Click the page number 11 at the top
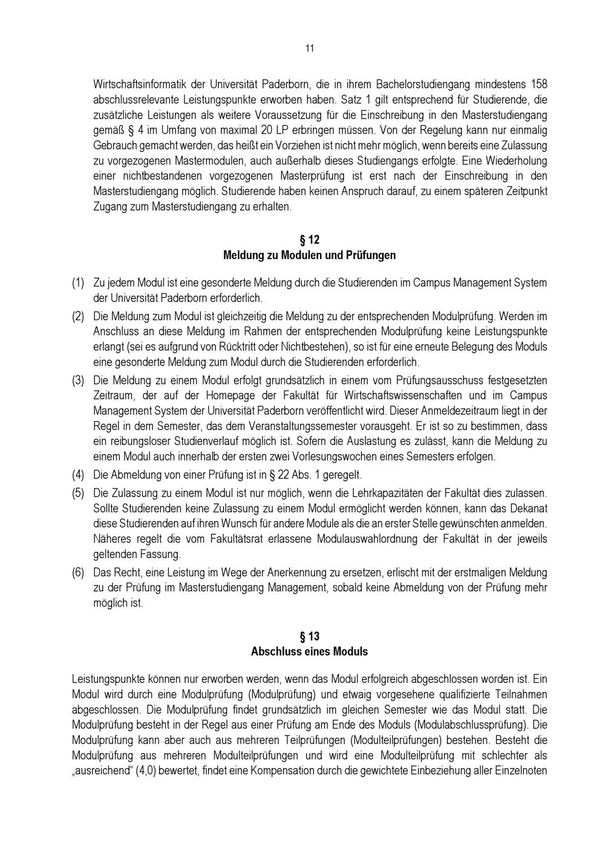coord(309,48)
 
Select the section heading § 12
coord(309,240)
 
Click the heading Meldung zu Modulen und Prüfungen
coord(309,255)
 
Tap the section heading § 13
coord(309,636)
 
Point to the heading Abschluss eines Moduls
coord(309,651)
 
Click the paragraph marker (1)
coord(78,283)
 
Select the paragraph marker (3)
coord(78,380)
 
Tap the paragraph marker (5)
coord(78,493)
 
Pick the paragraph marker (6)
coord(78,572)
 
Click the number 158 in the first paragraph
coord(538,84)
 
